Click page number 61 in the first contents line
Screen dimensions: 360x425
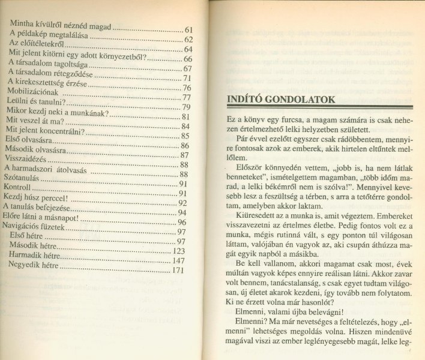pos(188,29)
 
